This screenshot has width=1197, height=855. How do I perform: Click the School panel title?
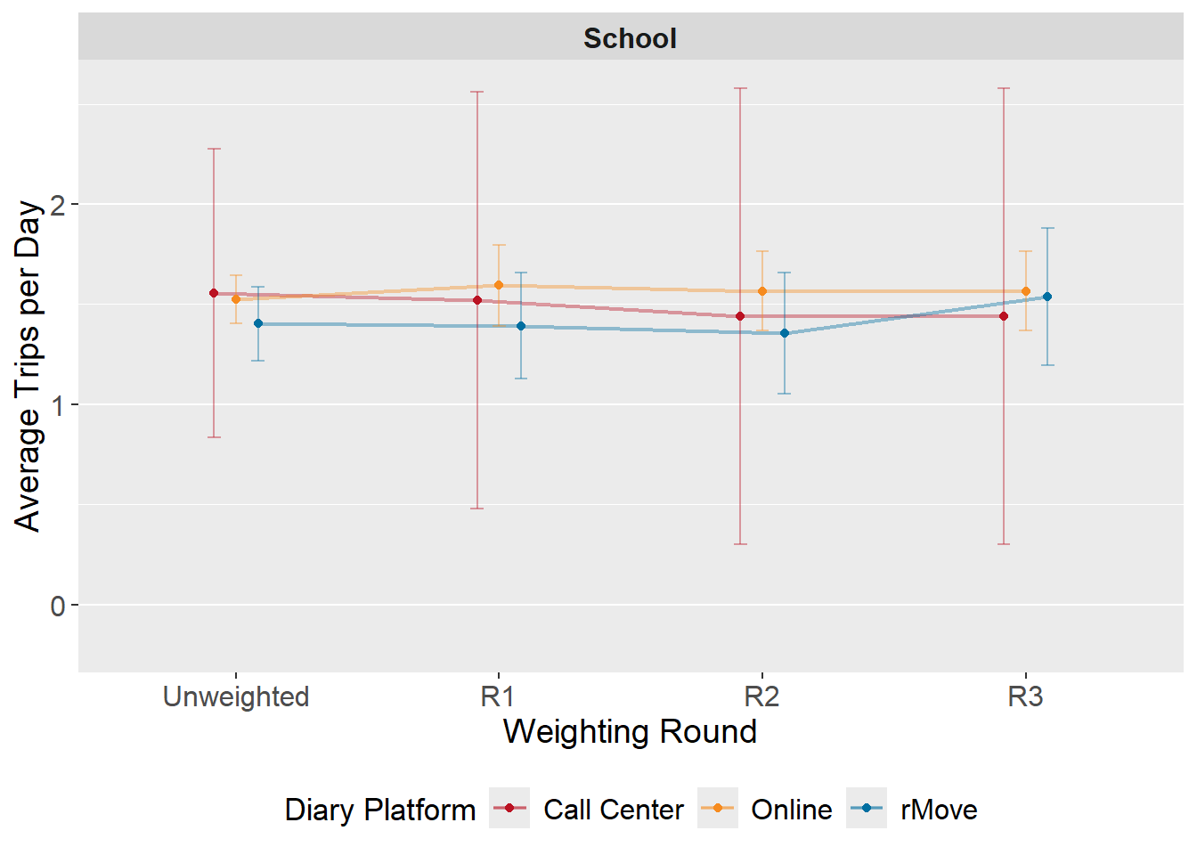(630, 38)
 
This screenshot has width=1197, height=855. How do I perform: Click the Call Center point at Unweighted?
(214, 293)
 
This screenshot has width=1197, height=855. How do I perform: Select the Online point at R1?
(499, 285)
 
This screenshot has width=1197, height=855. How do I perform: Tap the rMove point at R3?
(1047, 297)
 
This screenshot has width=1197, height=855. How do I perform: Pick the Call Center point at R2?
(740, 316)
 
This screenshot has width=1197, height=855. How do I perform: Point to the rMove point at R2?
(785, 333)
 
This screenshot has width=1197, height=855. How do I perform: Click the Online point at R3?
(1026, 291)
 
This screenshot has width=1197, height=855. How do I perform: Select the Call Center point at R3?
(1004, 316)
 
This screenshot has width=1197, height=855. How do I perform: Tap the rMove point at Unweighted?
(258, 323)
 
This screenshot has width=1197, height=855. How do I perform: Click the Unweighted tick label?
(236, 696)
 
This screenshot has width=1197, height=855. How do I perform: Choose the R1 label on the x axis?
(498, 696)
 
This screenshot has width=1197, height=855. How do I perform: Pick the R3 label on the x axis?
(1025, 696)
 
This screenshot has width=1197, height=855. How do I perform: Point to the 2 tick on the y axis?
(59, 205)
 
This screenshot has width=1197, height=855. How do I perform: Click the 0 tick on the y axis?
(59, 607)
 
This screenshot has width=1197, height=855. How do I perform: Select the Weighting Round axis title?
(630, 731)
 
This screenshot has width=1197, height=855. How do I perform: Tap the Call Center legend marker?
(509, 809)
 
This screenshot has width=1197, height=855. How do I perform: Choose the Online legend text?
(791, 810)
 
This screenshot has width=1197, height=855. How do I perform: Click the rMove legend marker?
(866, 809)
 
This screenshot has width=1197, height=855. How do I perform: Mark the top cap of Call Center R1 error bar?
(477, 92)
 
